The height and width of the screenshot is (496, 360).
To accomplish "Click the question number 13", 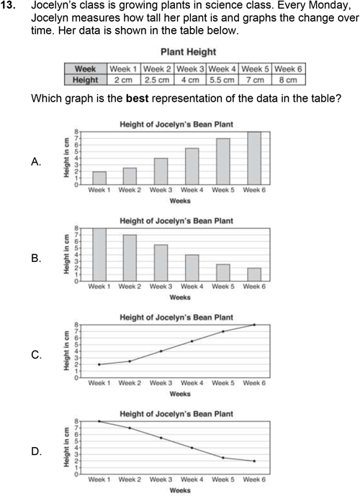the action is tap(8, 5).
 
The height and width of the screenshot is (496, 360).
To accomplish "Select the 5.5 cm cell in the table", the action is tap(222, 80).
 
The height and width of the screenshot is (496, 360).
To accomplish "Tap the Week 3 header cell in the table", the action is tap(190, 69).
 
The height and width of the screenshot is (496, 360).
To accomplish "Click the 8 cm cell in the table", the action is tap(288, 80).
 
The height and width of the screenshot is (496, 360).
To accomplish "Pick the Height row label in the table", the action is tap(86, 80).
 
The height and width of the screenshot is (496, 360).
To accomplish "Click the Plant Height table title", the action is tap(188, 52).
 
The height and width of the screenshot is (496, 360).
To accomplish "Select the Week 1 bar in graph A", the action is tap(99, 178).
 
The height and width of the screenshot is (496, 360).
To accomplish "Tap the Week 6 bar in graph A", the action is tap(254, 158).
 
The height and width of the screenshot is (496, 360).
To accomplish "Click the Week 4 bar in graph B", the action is tap(192, 268).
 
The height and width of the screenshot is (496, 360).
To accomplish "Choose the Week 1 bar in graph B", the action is tap(99, 255).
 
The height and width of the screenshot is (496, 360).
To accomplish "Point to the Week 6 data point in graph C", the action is tap(254, 325).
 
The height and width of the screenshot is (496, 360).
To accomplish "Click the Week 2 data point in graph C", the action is tap(130, 361).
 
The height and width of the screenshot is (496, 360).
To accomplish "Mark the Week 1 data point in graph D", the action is tap(99, 421).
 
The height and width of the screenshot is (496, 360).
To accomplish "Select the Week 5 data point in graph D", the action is tap(223, 457).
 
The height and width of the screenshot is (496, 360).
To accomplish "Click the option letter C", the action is tap(36, 355).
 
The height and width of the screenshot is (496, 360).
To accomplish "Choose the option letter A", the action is tap(36, 162).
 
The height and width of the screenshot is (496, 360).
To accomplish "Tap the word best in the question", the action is tap(138, 98).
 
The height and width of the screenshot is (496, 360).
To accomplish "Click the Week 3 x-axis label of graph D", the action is tap(161, 479).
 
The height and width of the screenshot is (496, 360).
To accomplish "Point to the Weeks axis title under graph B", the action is tap(180, 297).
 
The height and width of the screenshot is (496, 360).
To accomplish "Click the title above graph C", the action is tap(176, 317).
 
